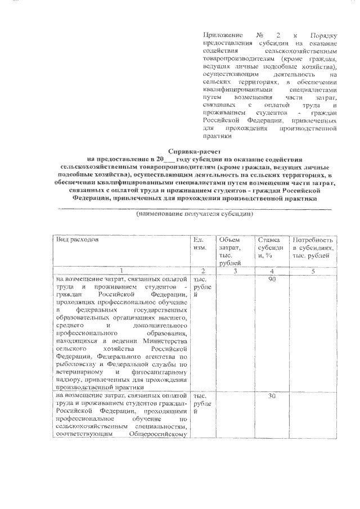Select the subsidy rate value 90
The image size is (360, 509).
pos(271,280)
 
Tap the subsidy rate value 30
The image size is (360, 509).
pos(271,397)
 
